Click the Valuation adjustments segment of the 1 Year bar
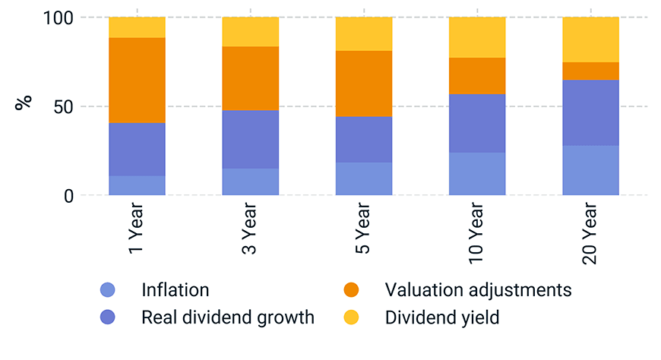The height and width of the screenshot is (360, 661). click(x=137, y=80)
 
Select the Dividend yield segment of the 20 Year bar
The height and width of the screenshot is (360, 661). click(x=590, y=39)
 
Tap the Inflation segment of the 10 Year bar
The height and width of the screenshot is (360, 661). click(x=477, y=174)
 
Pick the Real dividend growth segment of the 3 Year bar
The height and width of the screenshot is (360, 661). click(x=251, y=139)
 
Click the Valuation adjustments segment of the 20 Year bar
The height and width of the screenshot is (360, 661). click(x=590, y=71)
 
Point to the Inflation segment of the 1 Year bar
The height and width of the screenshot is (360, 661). click(x=137, y=185)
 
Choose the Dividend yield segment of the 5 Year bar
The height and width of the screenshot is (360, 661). click(x=364, y=34)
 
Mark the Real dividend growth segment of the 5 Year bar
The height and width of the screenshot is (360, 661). click(x=364, y=139)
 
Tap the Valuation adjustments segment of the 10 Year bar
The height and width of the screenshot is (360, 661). click(x=477, y=76)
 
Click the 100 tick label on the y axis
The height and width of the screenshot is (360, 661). click(x=59, y=18)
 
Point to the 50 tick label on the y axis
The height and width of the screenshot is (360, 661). click(x=64, y=107)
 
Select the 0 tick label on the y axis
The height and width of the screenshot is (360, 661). click(x=68, y=196)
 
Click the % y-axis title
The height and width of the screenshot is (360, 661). click(x=24, y=103)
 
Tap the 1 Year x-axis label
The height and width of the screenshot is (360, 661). click(x=136, y=228)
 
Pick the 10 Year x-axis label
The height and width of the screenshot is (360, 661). click(x=476, y=233)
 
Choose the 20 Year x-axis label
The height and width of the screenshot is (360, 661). click(x=590, y=233)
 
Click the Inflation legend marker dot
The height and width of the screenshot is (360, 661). click(x=107, y=290)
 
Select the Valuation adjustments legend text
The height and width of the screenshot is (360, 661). click(x=478, y=290)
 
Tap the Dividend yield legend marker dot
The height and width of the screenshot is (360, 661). click(x=351, y=317)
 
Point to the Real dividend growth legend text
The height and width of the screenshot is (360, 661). click(x=228, y=317)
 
